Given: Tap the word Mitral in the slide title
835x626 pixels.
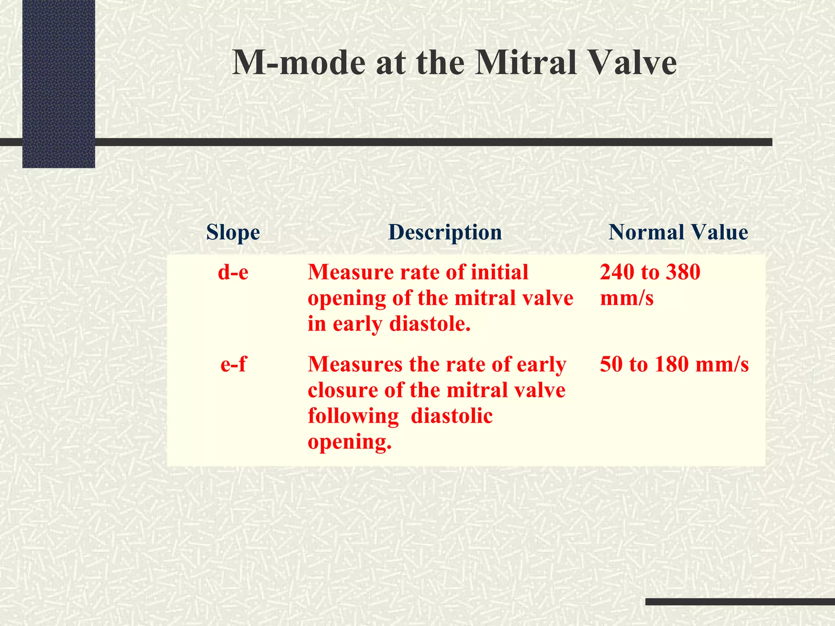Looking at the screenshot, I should [526, 63].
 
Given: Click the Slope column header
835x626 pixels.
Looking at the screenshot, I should [233, 233].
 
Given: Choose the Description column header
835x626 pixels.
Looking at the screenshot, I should [445, 233].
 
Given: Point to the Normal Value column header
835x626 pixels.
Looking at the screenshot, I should [678, 233].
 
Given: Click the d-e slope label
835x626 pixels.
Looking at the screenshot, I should [233, 272].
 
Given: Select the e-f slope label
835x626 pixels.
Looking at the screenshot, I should [233, 364].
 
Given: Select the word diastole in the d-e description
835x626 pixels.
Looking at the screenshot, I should [430, 324].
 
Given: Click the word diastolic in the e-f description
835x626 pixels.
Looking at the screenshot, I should [452, 416].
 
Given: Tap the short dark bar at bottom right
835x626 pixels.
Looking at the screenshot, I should [740, 602].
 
